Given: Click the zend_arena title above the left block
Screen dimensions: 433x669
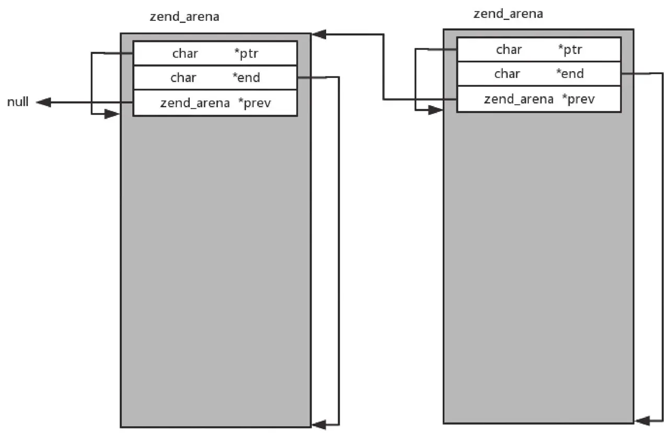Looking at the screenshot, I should coord(184,17).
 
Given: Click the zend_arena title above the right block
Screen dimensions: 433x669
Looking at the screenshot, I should coord(508,14).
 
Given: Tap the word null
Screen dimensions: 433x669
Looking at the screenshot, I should coord(18,102).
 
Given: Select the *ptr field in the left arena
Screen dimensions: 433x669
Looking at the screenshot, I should coord(215,53).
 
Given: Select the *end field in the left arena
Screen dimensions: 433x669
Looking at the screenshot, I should coord(215,77).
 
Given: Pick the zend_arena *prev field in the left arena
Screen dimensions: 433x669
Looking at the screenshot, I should coord(215,103).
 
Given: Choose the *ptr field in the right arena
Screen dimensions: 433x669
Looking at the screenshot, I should coord(539,49).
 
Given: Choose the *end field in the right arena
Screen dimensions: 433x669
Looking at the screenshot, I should coord(539,74).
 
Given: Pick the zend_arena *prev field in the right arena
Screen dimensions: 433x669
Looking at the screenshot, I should coord(539,99).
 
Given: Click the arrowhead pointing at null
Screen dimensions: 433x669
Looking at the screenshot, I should coord(43,102).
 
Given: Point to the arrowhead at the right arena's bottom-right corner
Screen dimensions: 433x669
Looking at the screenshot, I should coord(642,419).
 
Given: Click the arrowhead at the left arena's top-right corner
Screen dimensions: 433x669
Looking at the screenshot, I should coord(319,35).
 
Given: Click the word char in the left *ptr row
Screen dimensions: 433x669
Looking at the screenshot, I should coord(185,53).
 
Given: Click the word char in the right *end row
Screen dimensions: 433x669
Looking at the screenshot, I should coord(507,74).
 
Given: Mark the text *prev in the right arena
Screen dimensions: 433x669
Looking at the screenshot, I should coord(578,99).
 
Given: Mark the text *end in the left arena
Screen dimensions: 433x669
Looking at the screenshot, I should coord(246,77).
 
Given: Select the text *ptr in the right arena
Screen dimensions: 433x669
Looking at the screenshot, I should coord(570,49).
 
